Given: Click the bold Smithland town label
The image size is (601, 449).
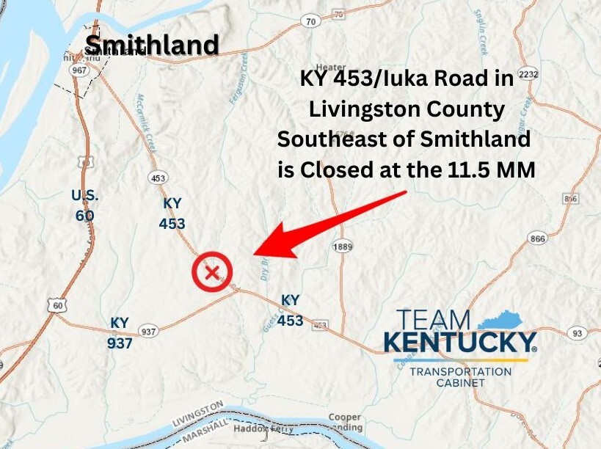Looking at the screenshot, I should coord(152,45).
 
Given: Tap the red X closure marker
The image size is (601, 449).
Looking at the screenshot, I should coord(212,273).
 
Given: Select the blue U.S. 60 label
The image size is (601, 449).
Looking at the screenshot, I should coord(84,205).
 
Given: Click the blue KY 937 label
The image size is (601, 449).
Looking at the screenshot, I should coord(120,332).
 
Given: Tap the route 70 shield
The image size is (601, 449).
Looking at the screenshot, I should coord(311,22).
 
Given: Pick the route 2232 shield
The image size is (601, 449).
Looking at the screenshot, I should coord(528,75).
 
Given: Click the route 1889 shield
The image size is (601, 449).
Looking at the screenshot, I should coord(342,247).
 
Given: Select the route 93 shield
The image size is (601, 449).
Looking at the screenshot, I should coord(579,334).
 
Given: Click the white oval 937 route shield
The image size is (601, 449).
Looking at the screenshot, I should coord(149,332).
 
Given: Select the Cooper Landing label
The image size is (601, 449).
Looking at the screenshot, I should coord(344,423).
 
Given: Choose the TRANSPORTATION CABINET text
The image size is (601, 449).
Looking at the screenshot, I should coord(460,377).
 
